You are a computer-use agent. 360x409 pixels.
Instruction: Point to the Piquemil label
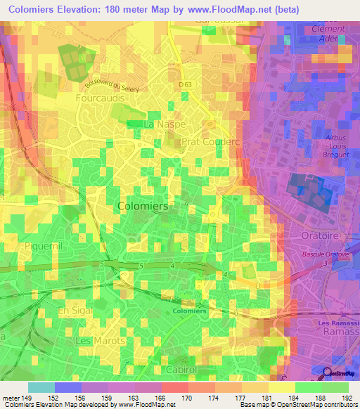tap(44, 247)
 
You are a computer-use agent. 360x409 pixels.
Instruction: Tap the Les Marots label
tap(100, 340)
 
